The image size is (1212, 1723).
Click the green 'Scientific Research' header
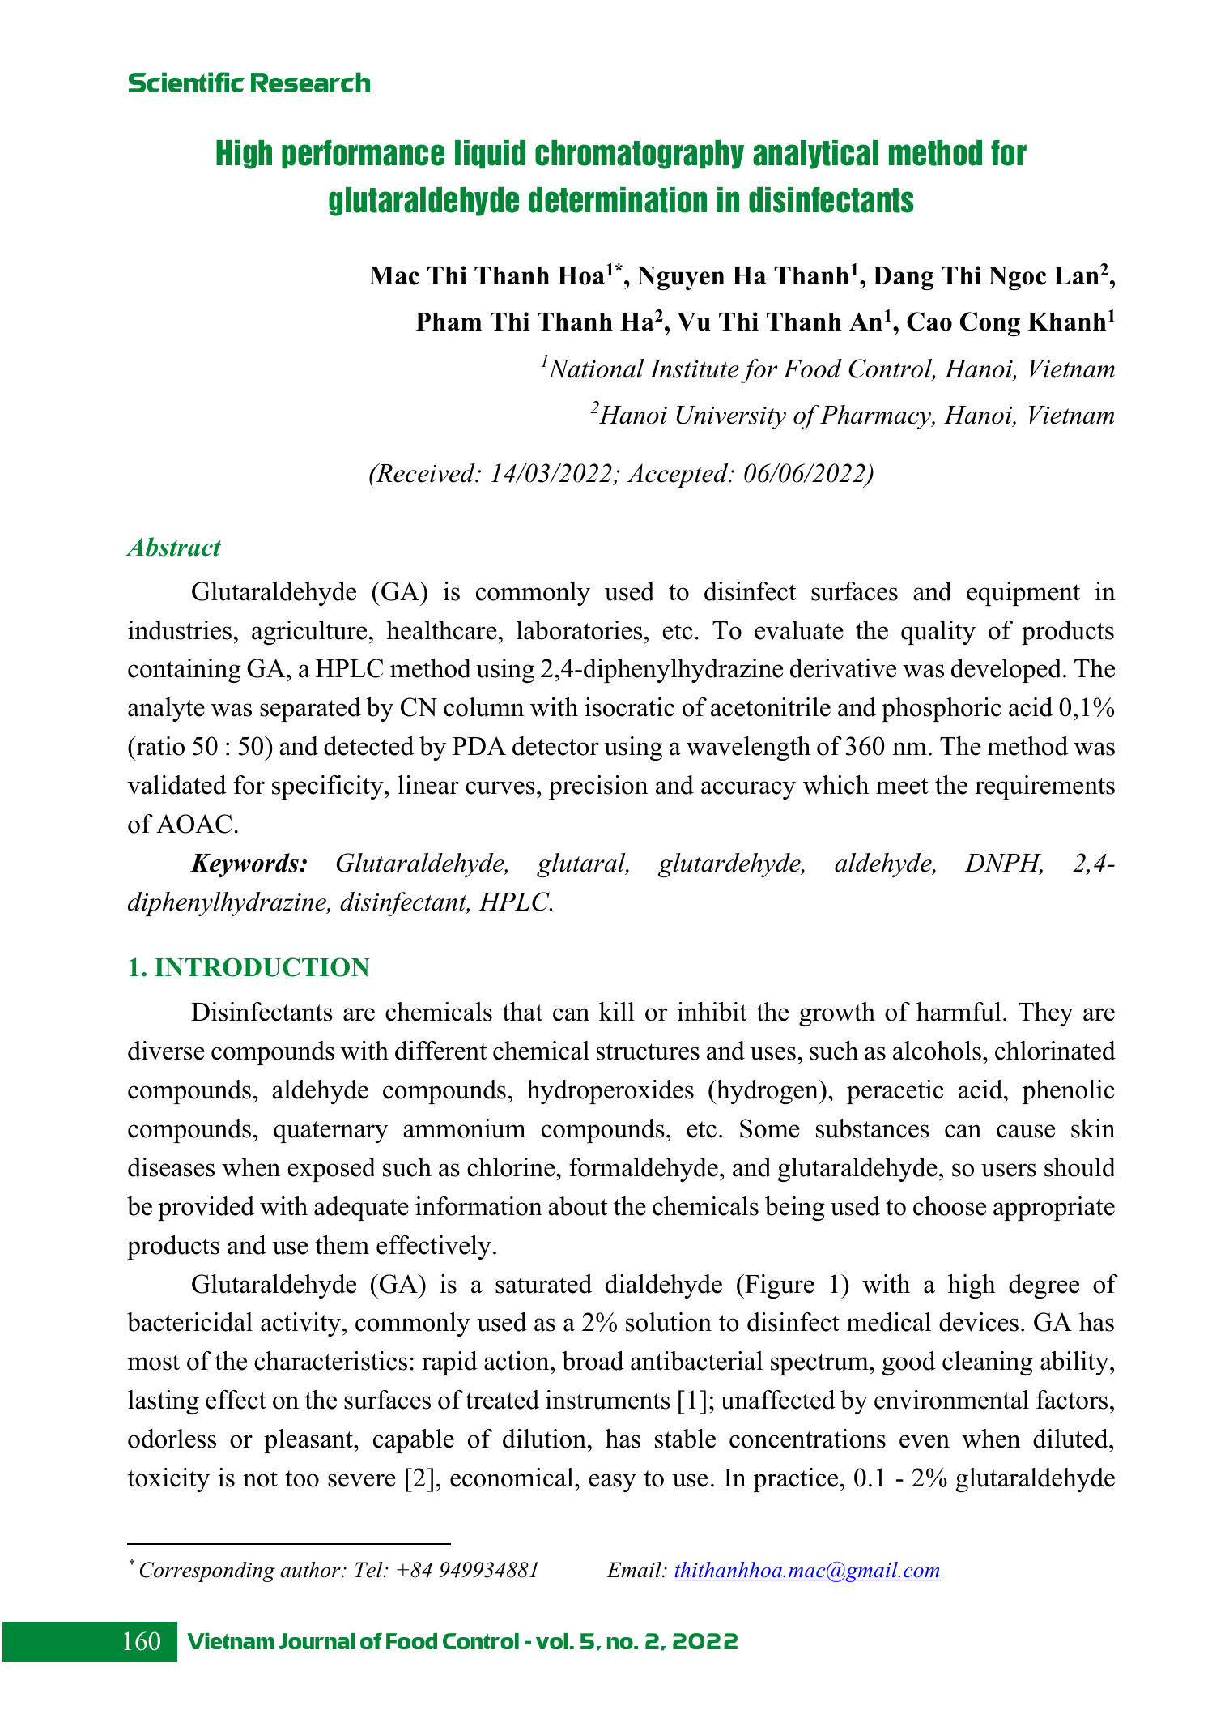coord(249,83)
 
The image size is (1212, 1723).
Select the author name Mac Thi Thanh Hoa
coord(487,276)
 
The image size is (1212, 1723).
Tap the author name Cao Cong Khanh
coord(1006,322)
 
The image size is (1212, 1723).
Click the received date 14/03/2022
coord(551,474)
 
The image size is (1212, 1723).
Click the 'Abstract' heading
coord(174,548)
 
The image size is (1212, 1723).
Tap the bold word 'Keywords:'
coord(249,864)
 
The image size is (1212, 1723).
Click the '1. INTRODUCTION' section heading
coord(249,968)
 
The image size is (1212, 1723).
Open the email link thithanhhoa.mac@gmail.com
coord(806,1570)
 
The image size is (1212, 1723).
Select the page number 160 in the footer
coord(142,1641)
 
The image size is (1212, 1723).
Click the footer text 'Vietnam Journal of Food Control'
coord(351,1642)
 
